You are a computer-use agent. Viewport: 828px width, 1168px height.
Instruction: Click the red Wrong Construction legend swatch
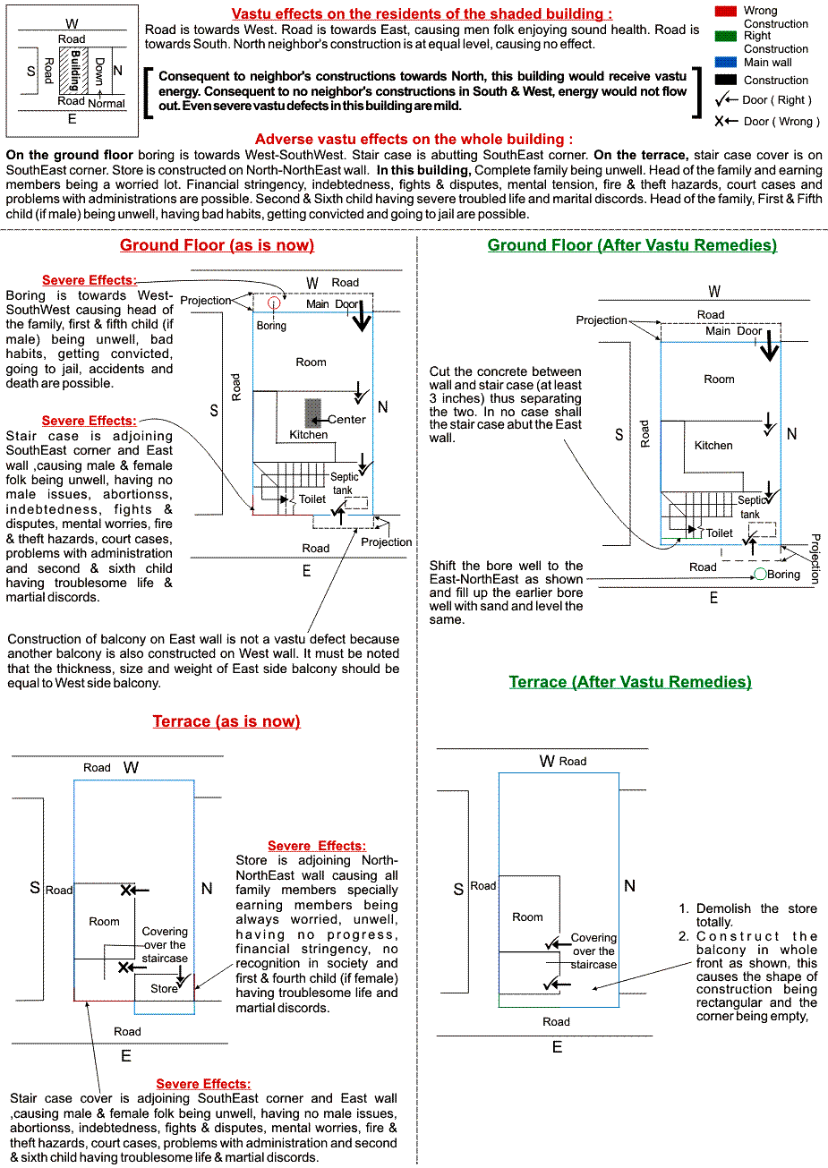point(725,11)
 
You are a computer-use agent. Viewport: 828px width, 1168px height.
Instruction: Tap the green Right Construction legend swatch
point(725,36)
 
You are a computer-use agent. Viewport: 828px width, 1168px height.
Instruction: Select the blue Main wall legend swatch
point(725,63)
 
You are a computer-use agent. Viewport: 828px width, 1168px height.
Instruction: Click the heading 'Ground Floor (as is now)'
point(217,245)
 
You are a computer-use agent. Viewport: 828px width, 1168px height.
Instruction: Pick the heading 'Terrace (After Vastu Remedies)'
point(630,682)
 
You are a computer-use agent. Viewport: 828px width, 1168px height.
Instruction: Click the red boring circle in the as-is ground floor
point(274,303)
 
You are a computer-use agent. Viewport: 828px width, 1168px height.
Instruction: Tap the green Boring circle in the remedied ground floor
point(760,574)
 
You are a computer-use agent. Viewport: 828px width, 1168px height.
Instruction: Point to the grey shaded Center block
point(312,413)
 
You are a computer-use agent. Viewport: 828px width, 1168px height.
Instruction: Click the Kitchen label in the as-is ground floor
point(309,435)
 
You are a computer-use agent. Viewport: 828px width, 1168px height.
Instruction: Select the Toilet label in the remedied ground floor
point(720,533)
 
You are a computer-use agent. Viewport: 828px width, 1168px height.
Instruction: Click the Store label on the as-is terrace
point(164,989)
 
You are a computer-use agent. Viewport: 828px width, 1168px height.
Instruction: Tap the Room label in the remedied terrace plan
point(527,917)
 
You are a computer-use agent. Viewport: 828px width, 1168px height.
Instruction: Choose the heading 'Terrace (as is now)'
point(226,721)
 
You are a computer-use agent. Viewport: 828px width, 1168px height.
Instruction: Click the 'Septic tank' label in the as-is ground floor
point(344,483)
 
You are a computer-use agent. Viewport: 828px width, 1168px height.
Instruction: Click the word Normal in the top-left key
point(107,104)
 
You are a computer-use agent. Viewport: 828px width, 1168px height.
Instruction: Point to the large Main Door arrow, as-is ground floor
point(362,316)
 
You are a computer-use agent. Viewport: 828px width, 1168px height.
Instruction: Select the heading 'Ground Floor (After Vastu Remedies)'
point(632,245)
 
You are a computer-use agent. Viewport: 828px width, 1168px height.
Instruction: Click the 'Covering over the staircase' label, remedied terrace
point(594,951)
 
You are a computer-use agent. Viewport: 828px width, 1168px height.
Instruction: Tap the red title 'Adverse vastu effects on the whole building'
point(414,140)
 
